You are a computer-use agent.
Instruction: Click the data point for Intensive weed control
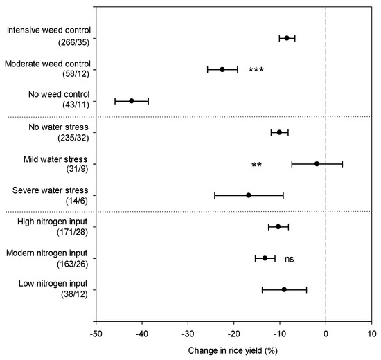tap(287, 38)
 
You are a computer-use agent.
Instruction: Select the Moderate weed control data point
tap(222, 69)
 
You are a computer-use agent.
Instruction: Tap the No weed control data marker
tap(132, 101)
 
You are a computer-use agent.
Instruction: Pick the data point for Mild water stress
tap(317, 164)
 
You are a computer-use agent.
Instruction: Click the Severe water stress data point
tap(249, 195)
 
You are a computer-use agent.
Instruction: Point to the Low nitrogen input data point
tap(284, 289)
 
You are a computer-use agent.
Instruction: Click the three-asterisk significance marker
tap(256, 71)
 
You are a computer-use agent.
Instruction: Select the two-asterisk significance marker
tap(256, 165)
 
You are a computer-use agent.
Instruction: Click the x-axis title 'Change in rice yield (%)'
tap(234, 350)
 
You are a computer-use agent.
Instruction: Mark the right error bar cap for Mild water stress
tap(342, 164)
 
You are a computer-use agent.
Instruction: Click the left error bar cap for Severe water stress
tap(215, 195)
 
